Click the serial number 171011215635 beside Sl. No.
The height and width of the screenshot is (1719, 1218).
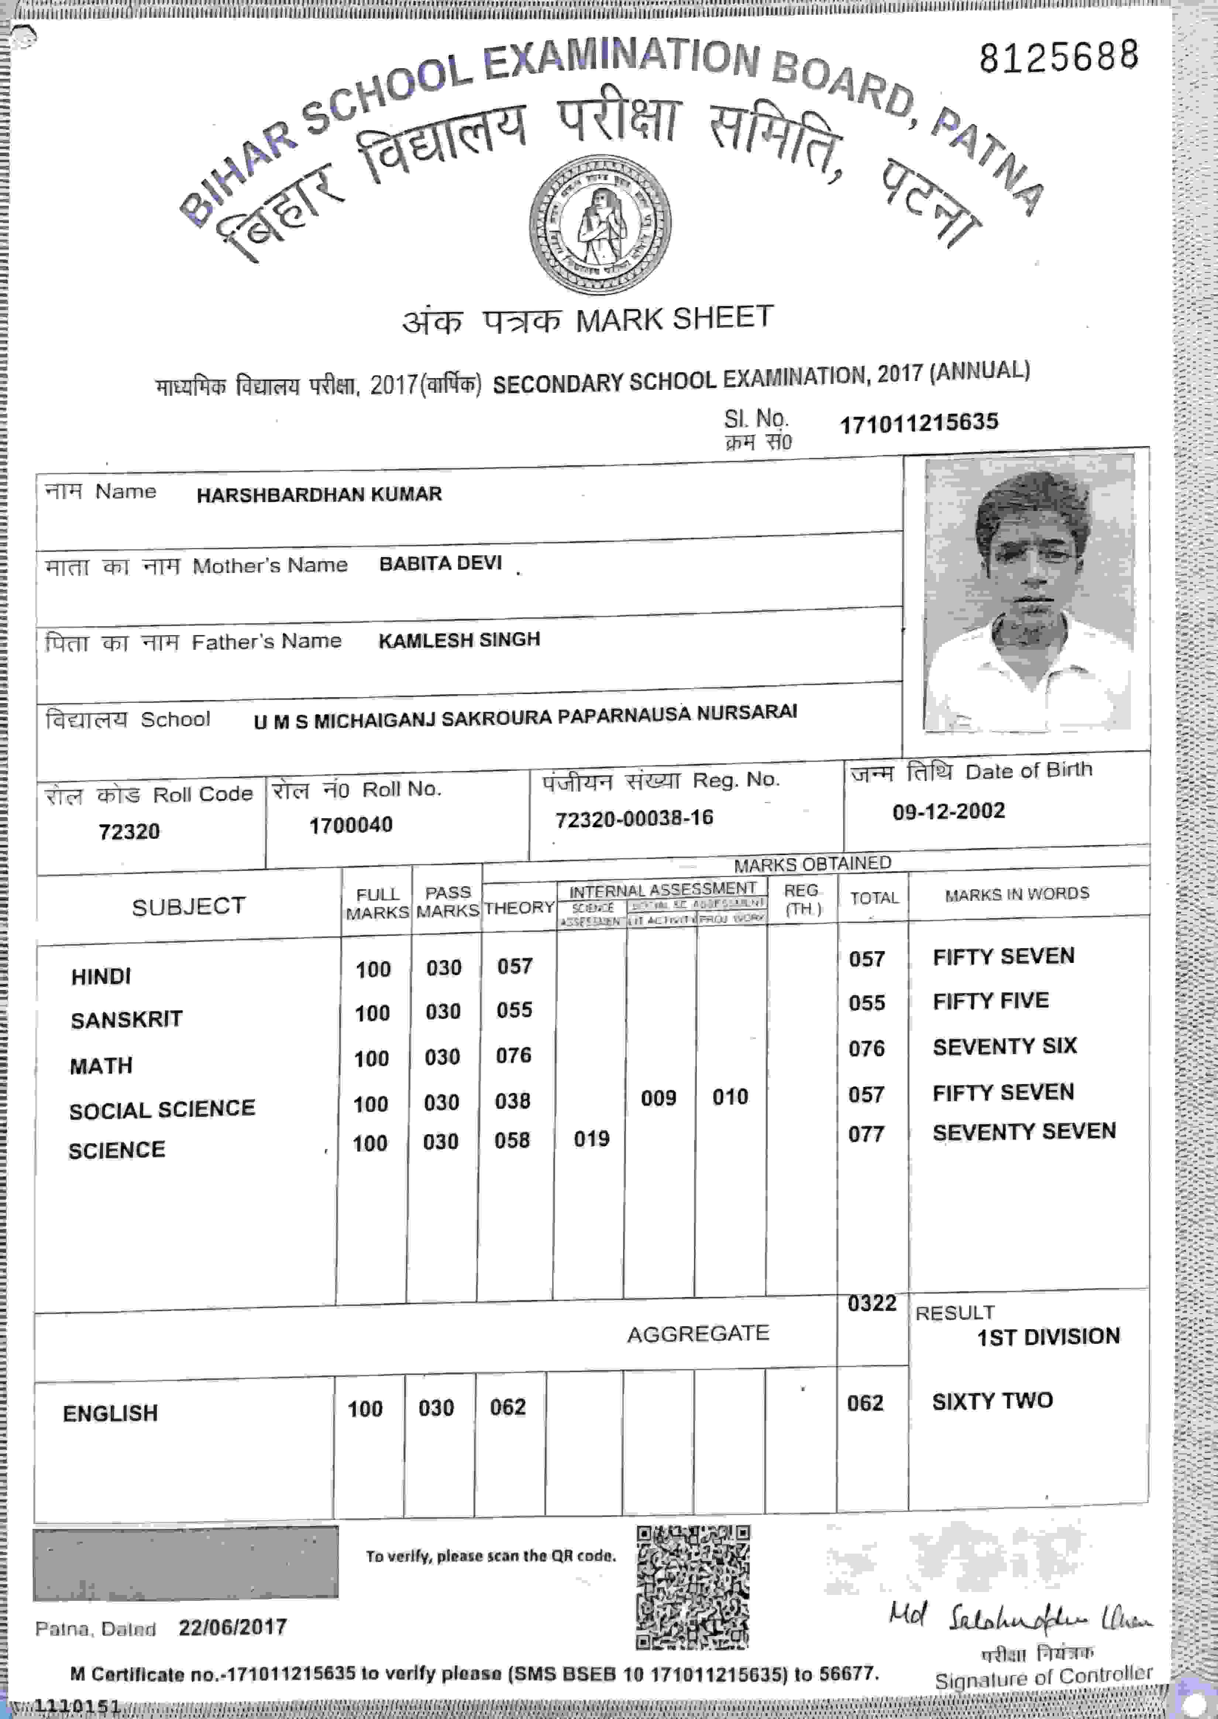click(x=919, y=423)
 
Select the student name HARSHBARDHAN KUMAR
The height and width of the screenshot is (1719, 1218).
click(x=319, y=494)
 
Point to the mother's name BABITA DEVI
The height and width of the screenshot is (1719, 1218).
click(x=440, y=563)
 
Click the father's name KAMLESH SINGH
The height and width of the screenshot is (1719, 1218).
click(x=459, y=640)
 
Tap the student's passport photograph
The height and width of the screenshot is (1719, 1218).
click(x=1028, y=593)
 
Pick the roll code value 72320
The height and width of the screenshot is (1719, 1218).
click(x=129, y=831)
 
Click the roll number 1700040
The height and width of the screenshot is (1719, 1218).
click(x=351, y=825)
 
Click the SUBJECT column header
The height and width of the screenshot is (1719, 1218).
click(x=188, y=907)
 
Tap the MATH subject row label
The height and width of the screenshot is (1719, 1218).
click(x=101, y=1066)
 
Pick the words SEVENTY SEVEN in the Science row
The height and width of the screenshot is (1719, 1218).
click(x=1024, y=1132)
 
